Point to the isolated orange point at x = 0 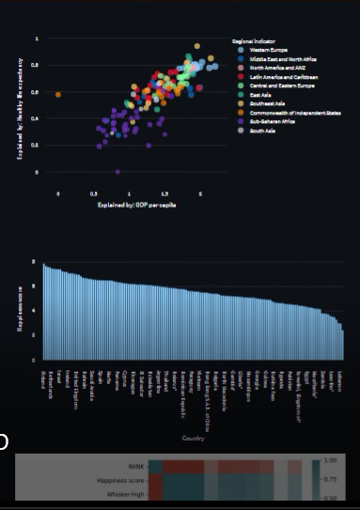(x=58, y=94)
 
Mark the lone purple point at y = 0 (x=117, y=172)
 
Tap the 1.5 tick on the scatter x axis (x=164, y=191)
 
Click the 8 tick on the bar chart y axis (x=34, y=262)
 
